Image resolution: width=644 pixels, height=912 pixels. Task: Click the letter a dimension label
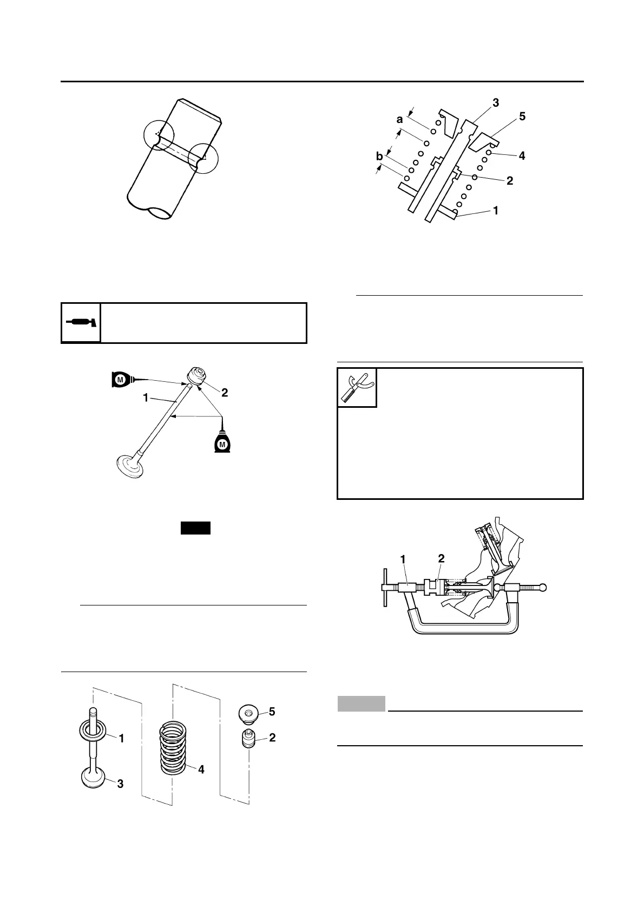pyautogui.click(x=400, y=119)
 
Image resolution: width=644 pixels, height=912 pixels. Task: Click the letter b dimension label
pyautogui.click(x=380, y=157)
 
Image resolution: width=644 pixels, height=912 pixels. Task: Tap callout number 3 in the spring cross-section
pyautogui.click(x=496, y=102)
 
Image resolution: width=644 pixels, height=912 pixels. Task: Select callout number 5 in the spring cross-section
pyautogui.click(x=522, y=116)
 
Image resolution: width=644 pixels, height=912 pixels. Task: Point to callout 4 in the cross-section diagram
pyautogui.click(x=522, y=156)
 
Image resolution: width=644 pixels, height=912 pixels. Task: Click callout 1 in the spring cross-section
pyautogui.click(x=496, y=210)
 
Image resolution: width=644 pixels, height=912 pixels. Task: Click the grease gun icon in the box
pyautogui.click(x=81, y=323)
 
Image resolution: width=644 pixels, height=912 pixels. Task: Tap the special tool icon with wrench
pyautogui.click(x=357, y=388)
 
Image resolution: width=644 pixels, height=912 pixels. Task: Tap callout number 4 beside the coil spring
pyautogui.click(x=201, y=769)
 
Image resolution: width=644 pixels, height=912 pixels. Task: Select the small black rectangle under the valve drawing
pyautogui.click(x=195, y=528)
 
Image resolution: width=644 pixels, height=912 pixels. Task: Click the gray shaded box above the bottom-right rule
pyautogui.click(x=362, y=703)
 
